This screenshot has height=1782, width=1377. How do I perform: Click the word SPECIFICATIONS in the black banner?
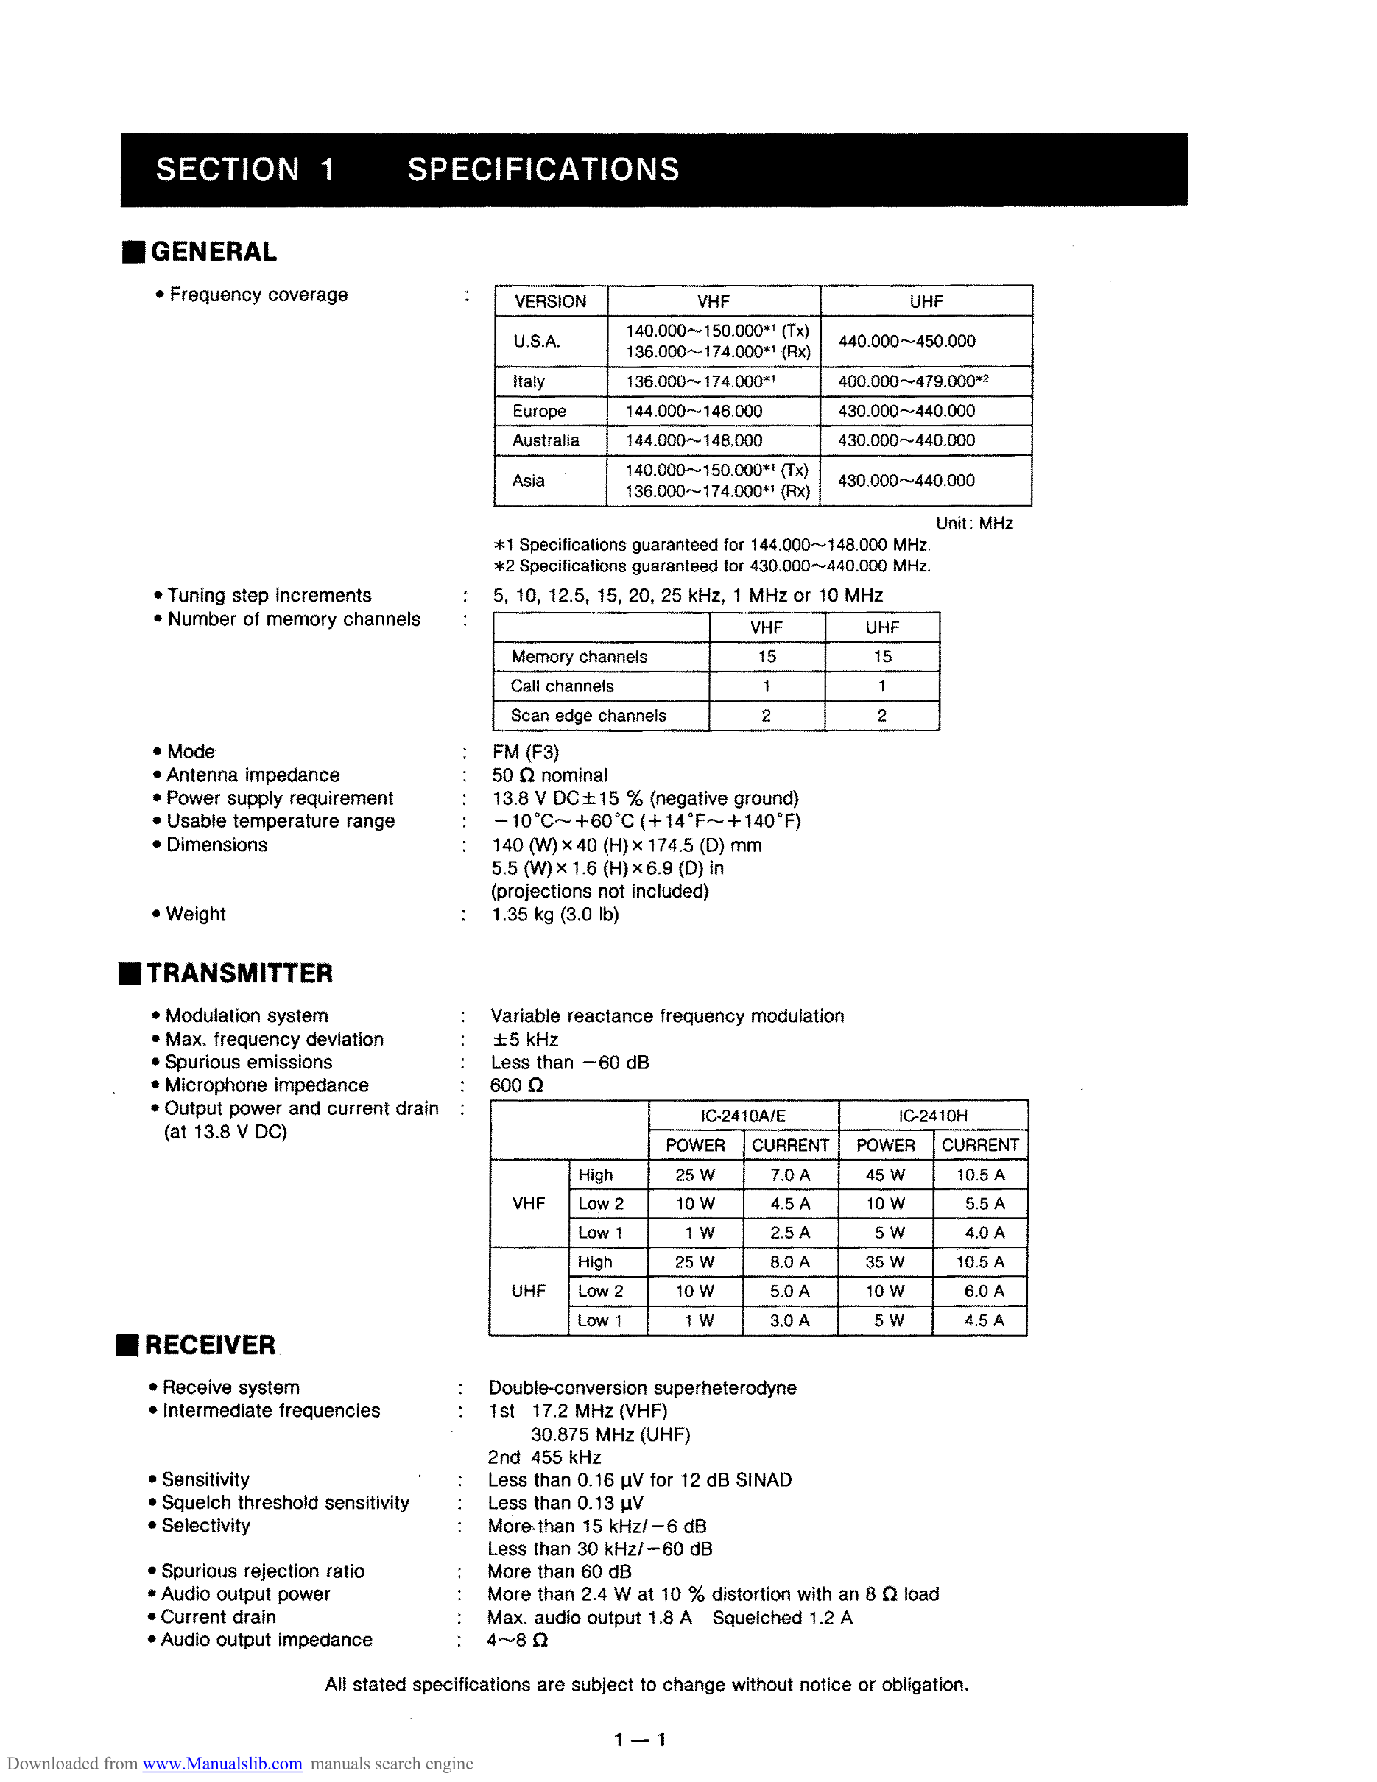543,169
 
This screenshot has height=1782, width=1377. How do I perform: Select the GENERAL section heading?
213,251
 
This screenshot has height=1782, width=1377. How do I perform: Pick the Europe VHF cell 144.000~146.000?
694,411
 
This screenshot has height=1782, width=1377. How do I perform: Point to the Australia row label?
545,440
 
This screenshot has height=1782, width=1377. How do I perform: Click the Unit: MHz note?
974,523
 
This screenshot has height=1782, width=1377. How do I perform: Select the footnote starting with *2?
711,566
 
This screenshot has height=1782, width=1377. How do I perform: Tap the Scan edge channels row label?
588,716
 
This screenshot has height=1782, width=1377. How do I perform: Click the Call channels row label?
562,686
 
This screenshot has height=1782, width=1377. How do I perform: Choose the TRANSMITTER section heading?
239,973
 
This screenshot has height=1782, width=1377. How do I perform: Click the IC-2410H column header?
932,1116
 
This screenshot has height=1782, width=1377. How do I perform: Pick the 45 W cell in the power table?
885,1175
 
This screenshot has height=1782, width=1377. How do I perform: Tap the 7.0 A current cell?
789,1175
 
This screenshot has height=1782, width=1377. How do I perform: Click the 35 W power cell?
885,1262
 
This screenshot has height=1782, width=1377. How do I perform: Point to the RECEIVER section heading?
210,1345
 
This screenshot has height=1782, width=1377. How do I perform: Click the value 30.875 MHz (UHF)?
610,1434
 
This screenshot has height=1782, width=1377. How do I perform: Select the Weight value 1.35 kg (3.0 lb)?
554,915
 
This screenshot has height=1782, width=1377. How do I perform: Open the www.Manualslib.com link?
222,1764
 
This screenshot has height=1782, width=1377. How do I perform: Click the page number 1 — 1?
641,1739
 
